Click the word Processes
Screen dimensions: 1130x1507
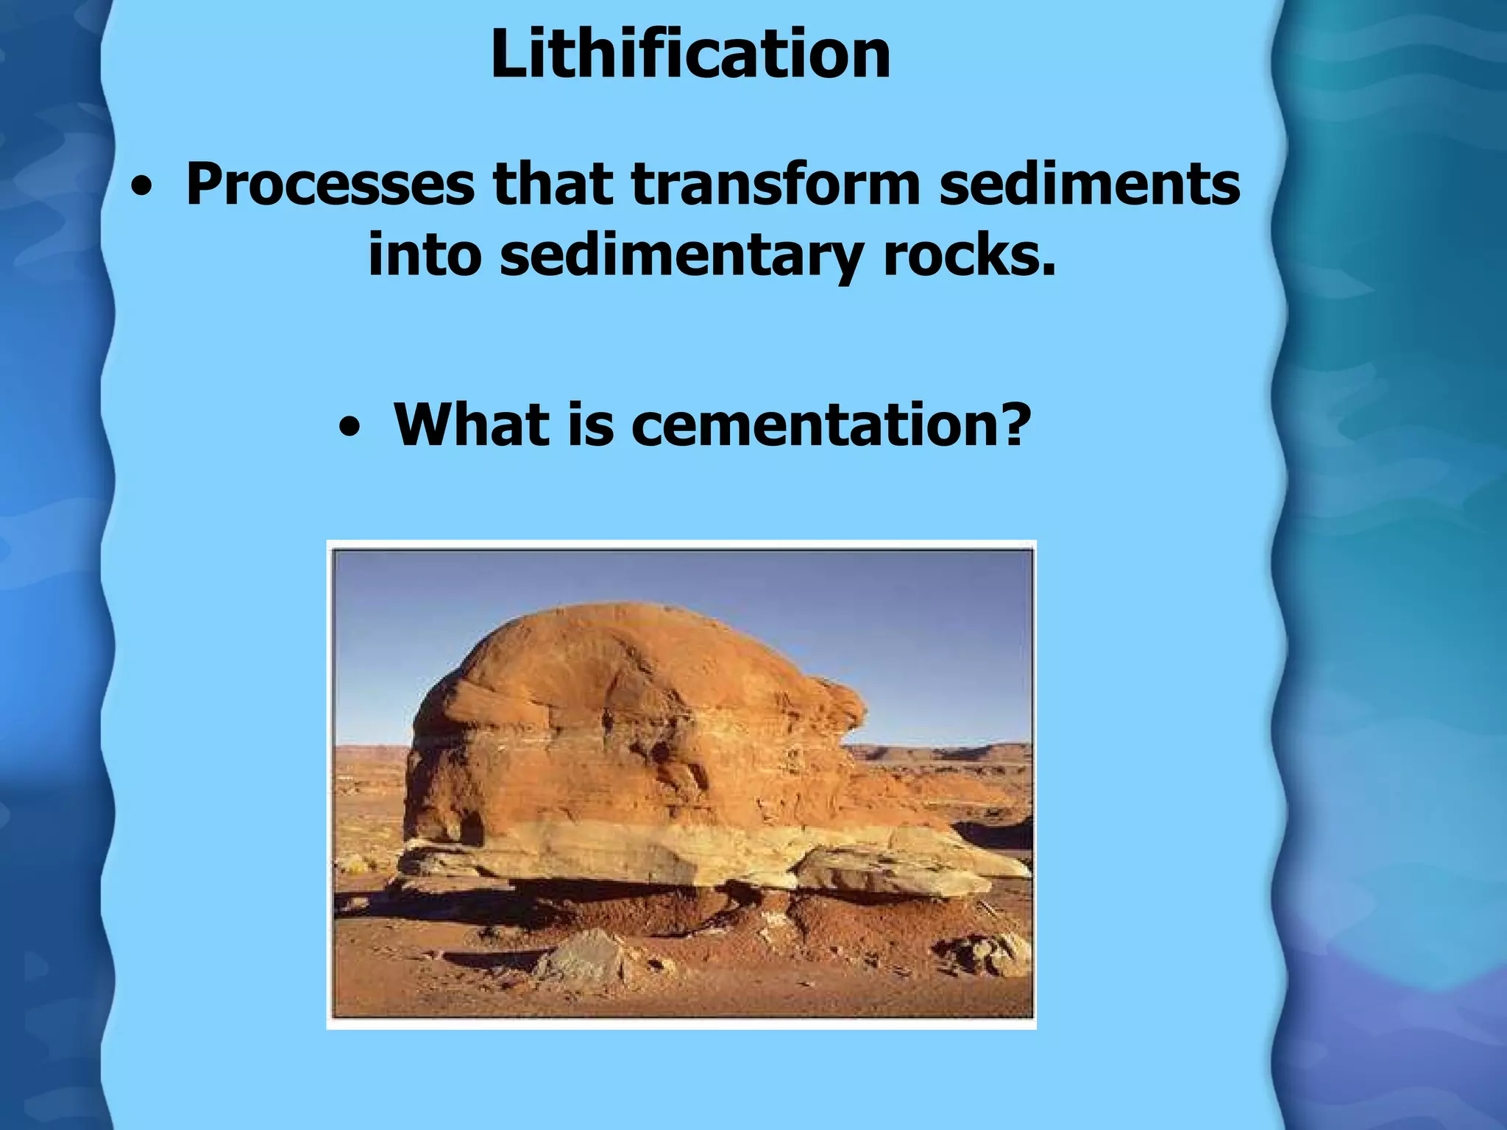[330, 184]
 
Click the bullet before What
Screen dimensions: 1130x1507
[350, 429]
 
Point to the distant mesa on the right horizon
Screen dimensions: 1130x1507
[942, 752]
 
